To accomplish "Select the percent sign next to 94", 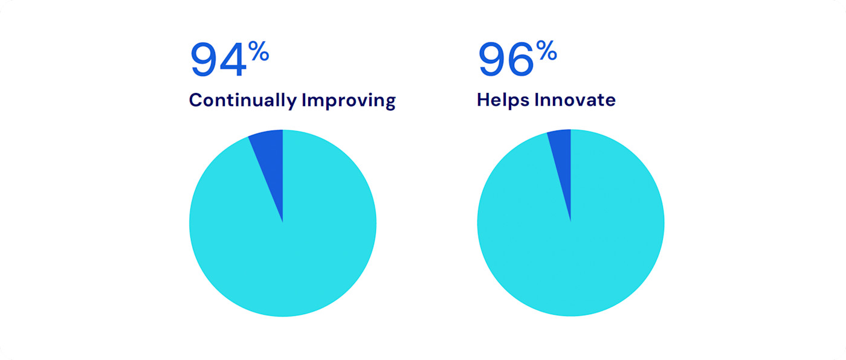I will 259,53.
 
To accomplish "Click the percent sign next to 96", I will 546,53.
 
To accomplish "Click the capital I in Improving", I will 304,100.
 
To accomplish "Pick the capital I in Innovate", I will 537,100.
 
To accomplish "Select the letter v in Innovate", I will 578,101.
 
